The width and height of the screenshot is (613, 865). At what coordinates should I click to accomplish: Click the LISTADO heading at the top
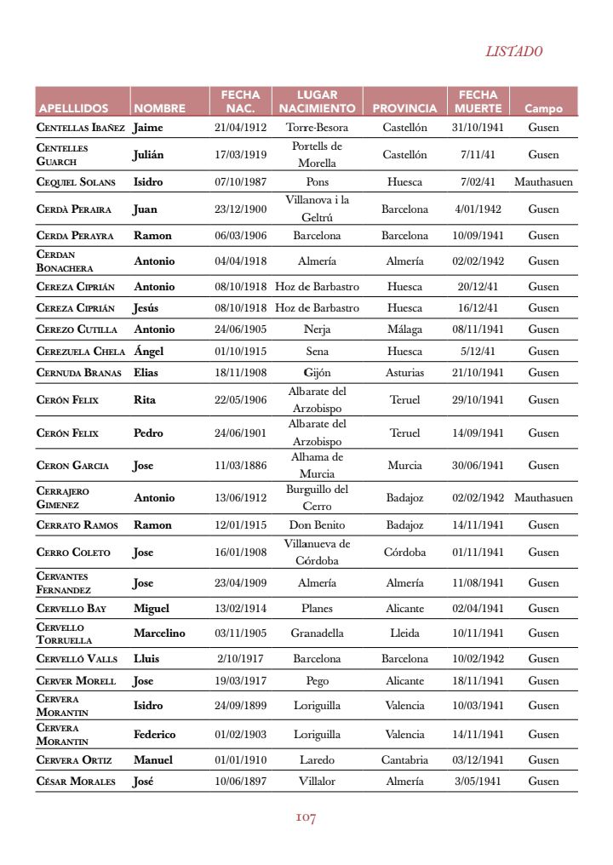coord(513,52)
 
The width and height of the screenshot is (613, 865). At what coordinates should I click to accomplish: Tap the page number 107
coord(306,817)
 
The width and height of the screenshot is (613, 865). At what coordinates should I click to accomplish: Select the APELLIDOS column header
coord(73,109)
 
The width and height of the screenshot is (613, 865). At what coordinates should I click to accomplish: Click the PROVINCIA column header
coord(404,109)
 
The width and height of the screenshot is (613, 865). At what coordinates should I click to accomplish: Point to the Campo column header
coord(543,109)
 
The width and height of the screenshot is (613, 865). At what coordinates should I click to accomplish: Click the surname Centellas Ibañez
coord(81,128)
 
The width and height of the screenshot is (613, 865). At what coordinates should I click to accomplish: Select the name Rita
coord(145,399)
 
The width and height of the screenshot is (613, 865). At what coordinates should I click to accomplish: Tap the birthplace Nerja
coord(317,329)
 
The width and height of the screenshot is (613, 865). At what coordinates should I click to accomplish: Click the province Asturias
coord(404,372)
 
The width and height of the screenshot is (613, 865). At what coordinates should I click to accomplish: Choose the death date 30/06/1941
coord(478,466)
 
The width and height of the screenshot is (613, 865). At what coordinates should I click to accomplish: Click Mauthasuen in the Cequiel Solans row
coord(543,181)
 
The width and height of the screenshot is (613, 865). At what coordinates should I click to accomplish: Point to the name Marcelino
coord(159,633)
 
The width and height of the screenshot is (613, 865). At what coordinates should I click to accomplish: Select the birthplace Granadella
coord(317,633)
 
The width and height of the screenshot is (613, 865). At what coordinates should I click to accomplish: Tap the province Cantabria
coord(404,759)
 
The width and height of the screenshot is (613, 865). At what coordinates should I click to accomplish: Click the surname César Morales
coord(76,781)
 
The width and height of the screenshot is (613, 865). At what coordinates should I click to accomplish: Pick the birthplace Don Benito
coord(317,524)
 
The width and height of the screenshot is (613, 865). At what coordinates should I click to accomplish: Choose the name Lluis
coord(146,658)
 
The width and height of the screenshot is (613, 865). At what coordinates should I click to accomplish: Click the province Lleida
coord(404,633)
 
